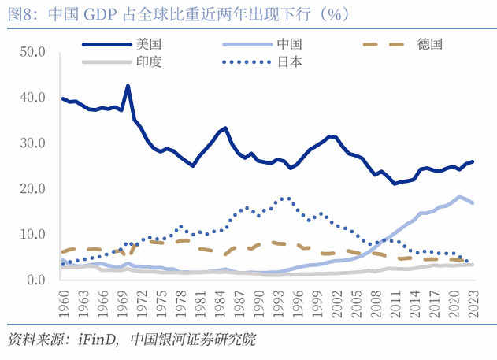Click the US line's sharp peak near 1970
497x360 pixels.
click(128, 86)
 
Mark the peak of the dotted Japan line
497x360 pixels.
click(287, 198)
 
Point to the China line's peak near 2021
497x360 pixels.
click(459, 196)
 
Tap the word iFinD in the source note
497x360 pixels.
click(98, 341)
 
